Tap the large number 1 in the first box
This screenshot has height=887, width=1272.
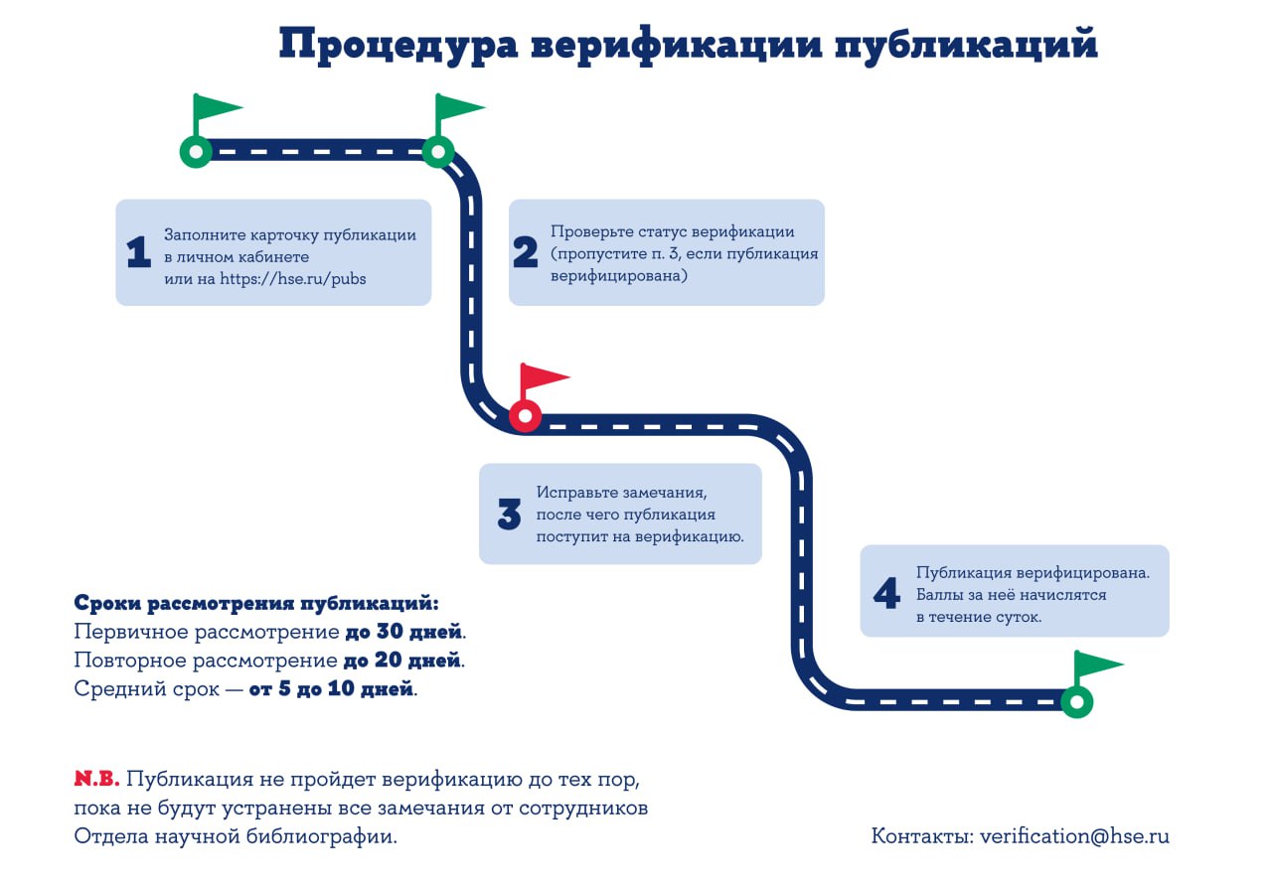pos(138,251)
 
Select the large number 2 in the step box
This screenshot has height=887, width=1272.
pos(525,252)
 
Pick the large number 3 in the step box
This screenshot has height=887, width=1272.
pos(509,515)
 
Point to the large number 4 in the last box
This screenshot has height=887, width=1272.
pos(886,593)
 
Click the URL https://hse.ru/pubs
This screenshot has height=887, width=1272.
pos(293,279)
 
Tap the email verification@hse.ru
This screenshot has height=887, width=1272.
pos(1074,836)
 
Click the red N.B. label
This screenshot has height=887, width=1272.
pos(96,779)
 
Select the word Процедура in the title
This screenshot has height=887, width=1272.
pos(398,45)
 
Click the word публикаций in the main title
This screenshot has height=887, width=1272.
pos(966,45)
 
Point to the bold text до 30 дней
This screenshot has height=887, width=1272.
pos(403,631)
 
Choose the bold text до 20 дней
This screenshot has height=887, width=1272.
pos(402,660)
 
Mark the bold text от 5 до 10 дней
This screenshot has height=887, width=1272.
pos(331,688)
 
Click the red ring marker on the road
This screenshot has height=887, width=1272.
pos(525,416)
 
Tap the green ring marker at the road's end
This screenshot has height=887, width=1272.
pos(1076,702)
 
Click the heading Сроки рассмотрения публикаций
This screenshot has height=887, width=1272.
pos(256,603)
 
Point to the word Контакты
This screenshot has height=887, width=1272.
pos(923,836)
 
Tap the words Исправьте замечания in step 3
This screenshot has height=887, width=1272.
pos(621,492)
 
